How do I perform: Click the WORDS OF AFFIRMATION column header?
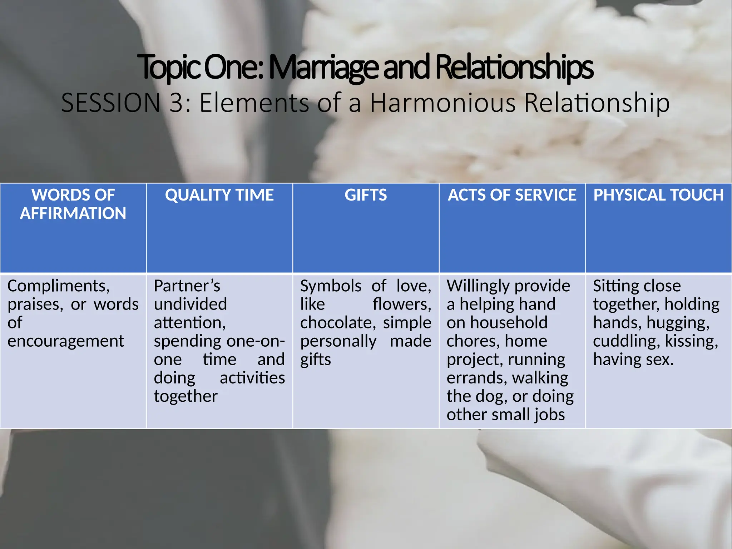pyautogui.click(x=73, y=204)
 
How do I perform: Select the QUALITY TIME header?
pyautogui.click(x=219, y=195)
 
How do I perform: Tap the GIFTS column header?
pyautogui.click(x=366, y=195)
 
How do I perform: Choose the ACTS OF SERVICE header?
pyautogui.click(x=512, y=195)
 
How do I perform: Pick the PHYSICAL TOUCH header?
pyautogui.click(x=658, y=195)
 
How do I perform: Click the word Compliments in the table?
pyautogui.click(x=58, y=286)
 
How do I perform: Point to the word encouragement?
pyautogui.click(x=66, y=341)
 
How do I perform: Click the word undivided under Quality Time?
pyautogui.click(x=190, y=304)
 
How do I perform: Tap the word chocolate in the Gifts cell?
pyautogui.click(x=337, y=323)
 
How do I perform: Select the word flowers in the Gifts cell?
pyautogui.click(x=401, y=304)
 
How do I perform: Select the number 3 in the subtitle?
pyautogui.click(x=177, y=103)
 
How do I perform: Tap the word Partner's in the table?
pyautogui.click(x=187, y=286)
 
